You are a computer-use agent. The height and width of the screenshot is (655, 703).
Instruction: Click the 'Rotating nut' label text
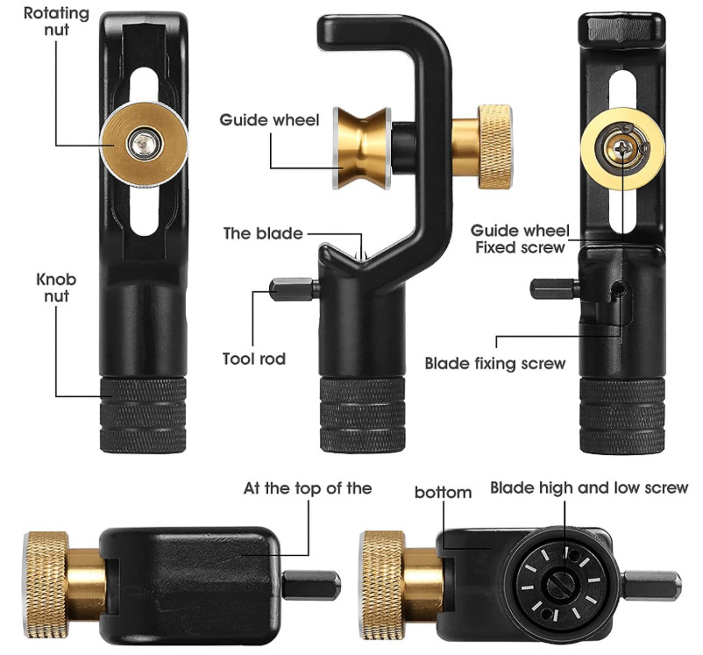(x=56, y=21)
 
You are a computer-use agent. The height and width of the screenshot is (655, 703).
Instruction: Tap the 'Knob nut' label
(x=56, y=288)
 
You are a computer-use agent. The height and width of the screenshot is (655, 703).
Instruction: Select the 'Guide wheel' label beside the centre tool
(x=269, y=120)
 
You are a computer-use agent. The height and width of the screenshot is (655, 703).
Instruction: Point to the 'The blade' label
(x=263, y=234)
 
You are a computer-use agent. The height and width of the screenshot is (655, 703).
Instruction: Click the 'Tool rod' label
(x=253, y=359)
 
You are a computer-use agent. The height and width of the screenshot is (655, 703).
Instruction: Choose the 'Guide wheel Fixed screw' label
(x=520, y=239)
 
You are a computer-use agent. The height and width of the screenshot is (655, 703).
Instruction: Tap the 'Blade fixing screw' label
(x=495, y=363)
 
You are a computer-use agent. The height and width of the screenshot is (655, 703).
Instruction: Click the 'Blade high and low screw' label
(x=589, y=488)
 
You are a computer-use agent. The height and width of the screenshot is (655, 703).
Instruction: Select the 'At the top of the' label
(x=308, y=488)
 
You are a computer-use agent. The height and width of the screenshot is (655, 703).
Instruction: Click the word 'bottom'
(x=443, y=493)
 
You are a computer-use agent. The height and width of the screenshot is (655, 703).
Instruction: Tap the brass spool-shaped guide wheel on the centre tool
(x=361, y=147)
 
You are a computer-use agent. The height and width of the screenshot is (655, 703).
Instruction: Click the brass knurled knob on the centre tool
(x=494, y=146)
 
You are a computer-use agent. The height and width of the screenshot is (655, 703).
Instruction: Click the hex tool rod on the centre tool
(x=295, y=289)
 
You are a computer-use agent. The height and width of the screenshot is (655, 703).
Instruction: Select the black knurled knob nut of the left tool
(x=143, y=415)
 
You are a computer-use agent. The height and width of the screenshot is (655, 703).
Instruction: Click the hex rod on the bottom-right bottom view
(x=652, y=585)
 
